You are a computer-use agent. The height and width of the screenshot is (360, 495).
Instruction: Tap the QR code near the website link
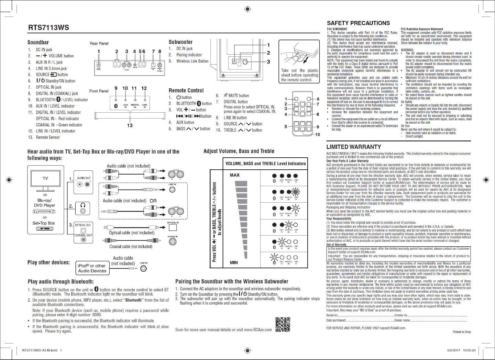(x=283, y=325)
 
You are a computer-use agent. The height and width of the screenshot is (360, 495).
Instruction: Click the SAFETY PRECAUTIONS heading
(x=358, y=23)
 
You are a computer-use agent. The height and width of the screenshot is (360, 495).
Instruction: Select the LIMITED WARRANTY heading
(x=354, y=147)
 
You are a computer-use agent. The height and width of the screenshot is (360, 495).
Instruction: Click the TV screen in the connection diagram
(x=45, y=179)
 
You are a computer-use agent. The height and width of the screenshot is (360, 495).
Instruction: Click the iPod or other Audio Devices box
(x=92, y=268)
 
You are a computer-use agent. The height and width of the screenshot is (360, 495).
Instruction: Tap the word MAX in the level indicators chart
(x=235, y=175)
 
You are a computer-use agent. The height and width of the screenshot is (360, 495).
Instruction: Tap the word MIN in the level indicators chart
(x=234, y=263)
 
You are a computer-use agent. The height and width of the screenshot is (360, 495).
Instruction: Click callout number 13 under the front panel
(x=130, y=125)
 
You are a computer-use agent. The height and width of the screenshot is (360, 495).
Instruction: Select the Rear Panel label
(x=99, y=44)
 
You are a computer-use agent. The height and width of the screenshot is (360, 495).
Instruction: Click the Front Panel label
(x=99, y=91)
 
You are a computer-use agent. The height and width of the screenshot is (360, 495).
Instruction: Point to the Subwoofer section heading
(x=180, y=42)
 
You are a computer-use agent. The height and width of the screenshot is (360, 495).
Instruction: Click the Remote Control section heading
(x=186, y=91)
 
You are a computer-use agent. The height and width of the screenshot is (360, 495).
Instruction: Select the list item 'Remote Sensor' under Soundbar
(x=48, y=137)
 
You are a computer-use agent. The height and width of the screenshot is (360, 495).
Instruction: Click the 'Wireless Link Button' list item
(x=192, y=61)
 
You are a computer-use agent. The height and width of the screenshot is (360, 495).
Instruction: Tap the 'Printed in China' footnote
(x=462, y=332)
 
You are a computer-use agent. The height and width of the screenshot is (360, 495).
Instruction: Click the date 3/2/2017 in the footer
(x=453, y=350)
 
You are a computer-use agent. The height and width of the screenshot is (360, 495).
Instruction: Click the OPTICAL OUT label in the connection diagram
(x=83, y=225)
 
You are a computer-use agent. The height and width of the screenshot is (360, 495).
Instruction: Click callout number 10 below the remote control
(x=317, y=134)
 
